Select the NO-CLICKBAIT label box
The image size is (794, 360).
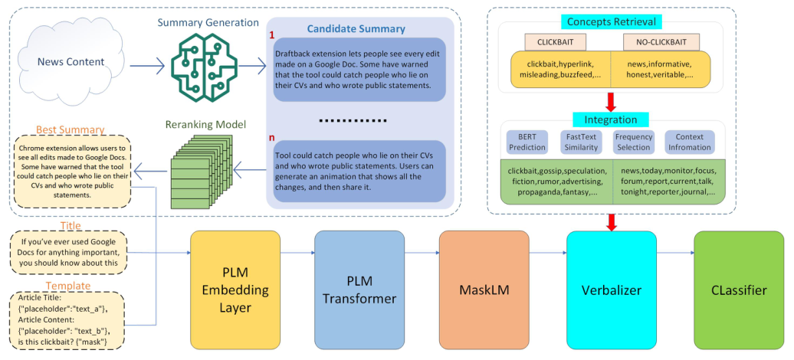click(x=656, y=41)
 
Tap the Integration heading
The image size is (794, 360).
click(x=611, y=119)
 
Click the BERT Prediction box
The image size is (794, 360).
click(x=527, y=142)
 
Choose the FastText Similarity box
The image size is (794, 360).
click(x=581, y=142)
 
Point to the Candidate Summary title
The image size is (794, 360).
click(x=356, y=29)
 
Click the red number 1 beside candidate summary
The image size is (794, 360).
click(x=271, y=35)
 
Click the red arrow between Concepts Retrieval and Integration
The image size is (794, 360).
click(x=611, y=101)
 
